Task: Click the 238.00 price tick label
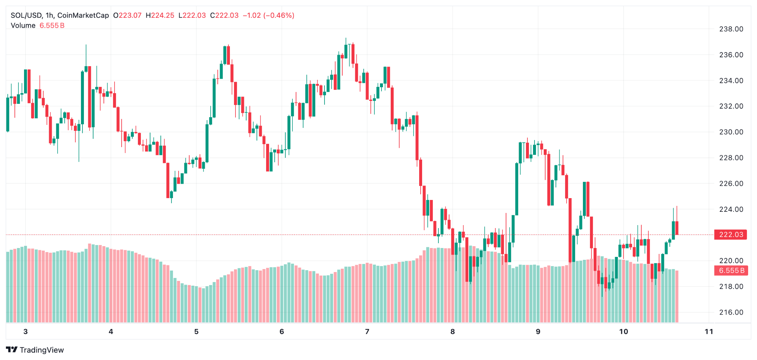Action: pyautogui.click(x=731, y=29)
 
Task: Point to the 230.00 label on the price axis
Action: pyautogui.click(x=731, y=132)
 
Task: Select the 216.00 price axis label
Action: pyautogui.click(x=731, y=312)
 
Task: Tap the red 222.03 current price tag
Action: pyautogui.click(x=731, y=235)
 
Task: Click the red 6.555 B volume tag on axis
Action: pyautogui.click(x=731, y=271)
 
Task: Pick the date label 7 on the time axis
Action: pyautogui.click(x=367, y=332)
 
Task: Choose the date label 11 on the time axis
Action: pyautogui.click(x=709, y=332)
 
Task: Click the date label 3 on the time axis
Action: pyautogui.click(x=26, y=332)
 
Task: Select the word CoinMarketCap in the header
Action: pyautogui.click(x=83, y=16)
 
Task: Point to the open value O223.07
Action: pyautogui.click(x=127, y=16)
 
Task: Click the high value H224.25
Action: pyautogui.click(x=160, y=16)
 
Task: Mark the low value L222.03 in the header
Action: pyautogui.click(x=192, y=16)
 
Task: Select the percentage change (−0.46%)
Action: pyautogui.click(x=279, y=16)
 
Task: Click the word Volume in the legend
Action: pyautogui.click(x=23, y=26)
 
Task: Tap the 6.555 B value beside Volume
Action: pyautogui.click(x=52, y=26)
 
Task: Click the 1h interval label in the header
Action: pyautogui.click(x=50, y=16)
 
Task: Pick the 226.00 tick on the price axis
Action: pyautogui.click(x=731, y=184)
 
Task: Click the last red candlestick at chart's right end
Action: pyautogui.click(x=677, y=228)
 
